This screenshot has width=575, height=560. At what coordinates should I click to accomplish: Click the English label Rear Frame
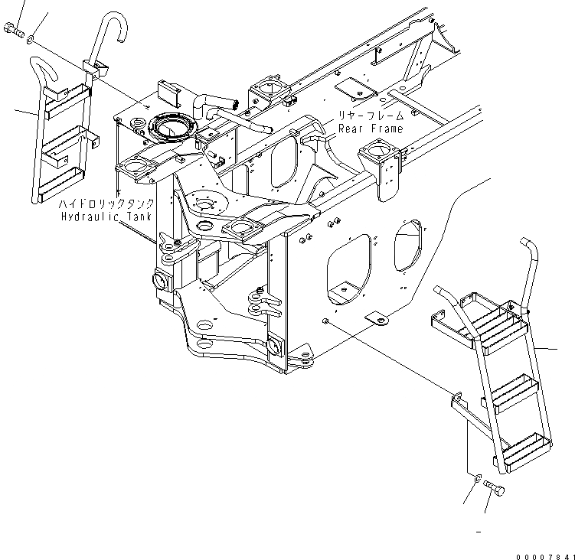(x=371, y=129)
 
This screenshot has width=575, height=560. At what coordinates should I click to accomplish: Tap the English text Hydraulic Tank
(x=108, y=217)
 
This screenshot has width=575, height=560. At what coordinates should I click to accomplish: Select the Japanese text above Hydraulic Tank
(x=109, y=204)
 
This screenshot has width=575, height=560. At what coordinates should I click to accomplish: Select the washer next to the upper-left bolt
(x=30, y=36)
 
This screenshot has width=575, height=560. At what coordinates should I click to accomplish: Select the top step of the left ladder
(x=69, y=95)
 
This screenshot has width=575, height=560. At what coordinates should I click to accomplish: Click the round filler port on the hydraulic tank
(x=172, y=125)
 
